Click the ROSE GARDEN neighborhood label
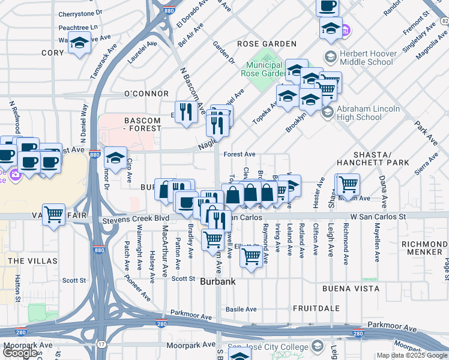[x=267, y=44]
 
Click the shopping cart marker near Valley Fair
[x=54, y=214]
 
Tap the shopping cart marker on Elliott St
[x=252, y=257]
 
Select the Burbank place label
[x=217, y=281]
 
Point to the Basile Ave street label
[x=241, y=310]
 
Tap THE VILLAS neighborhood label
[x=33, y=261]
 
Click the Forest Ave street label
[x=240, y=154]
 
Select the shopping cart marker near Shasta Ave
[x=348, y=184]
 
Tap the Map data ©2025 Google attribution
[x=412, y=355]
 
